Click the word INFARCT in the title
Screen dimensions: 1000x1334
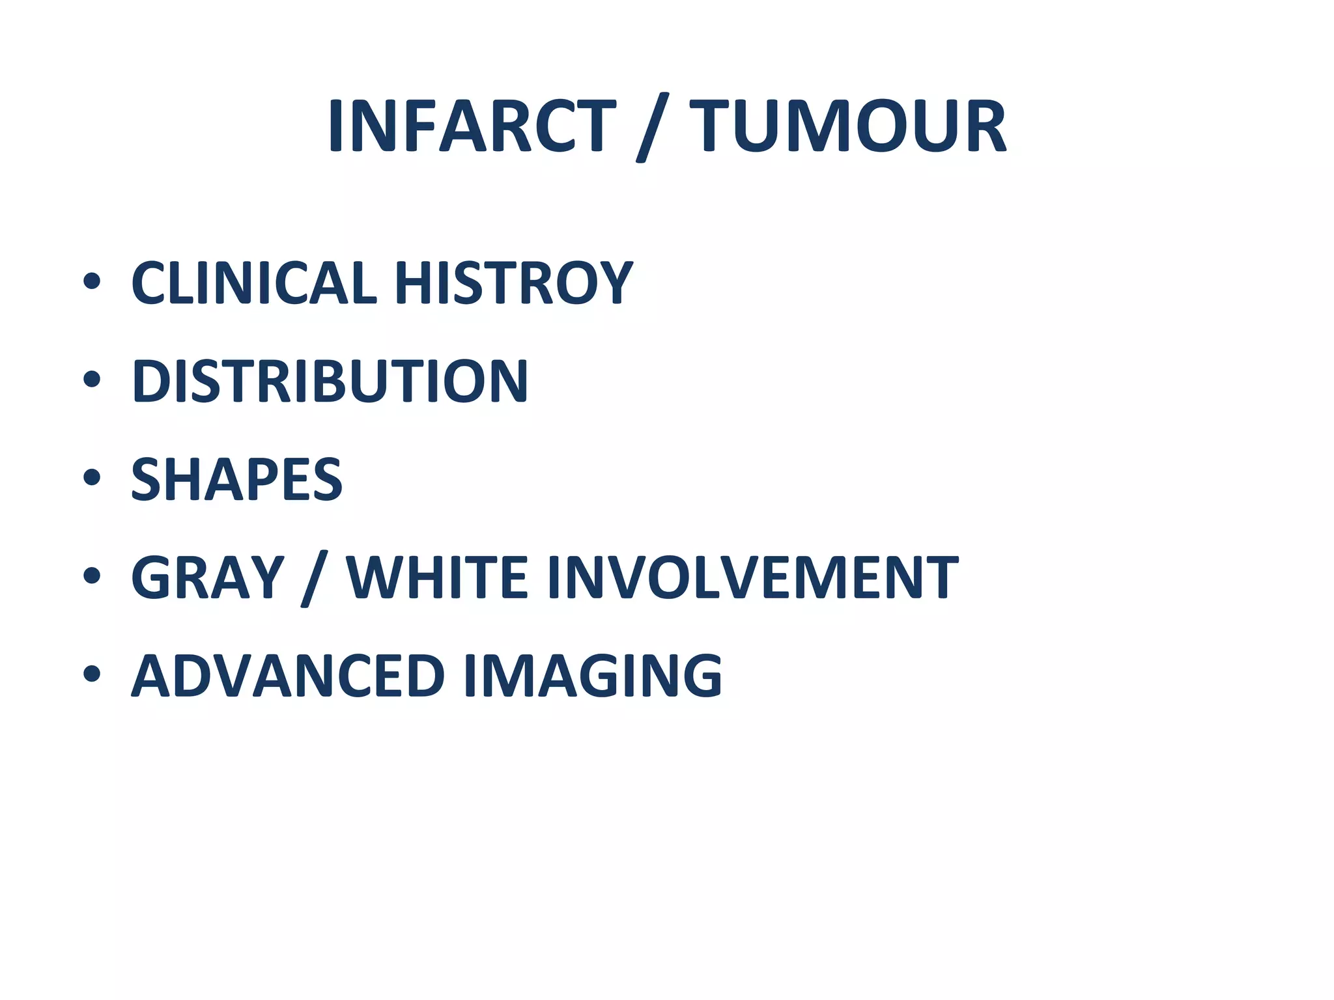click(x=472, y=126)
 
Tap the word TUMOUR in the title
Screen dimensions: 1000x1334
click(x=847, y=126)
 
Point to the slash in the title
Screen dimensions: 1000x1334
click(x=652, y=127)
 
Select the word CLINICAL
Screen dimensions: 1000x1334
click(x=255, y=283)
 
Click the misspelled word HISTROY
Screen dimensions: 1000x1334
click(x=513, y=283)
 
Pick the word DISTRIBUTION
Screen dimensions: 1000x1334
click(x=330, y=381)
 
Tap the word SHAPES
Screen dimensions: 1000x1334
click(x=236, y=479)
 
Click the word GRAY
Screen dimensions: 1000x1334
click(x=208, y=577)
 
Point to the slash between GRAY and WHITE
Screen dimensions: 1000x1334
click(x=315, y=579)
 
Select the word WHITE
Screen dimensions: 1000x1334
click(x=436, y=577)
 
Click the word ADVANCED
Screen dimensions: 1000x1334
click(x=288, y=676)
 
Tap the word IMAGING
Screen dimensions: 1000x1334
click(x=592, y=676)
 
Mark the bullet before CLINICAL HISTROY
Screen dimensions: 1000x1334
click(x=92, y=281)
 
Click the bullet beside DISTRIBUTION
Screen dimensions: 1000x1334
click(x=92, y=379)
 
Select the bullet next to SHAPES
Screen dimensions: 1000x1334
click(x=92, y=477)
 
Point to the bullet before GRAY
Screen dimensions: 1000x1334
click(x=92, y=576)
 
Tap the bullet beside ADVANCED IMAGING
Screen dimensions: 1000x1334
click(x=92, y=674)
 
